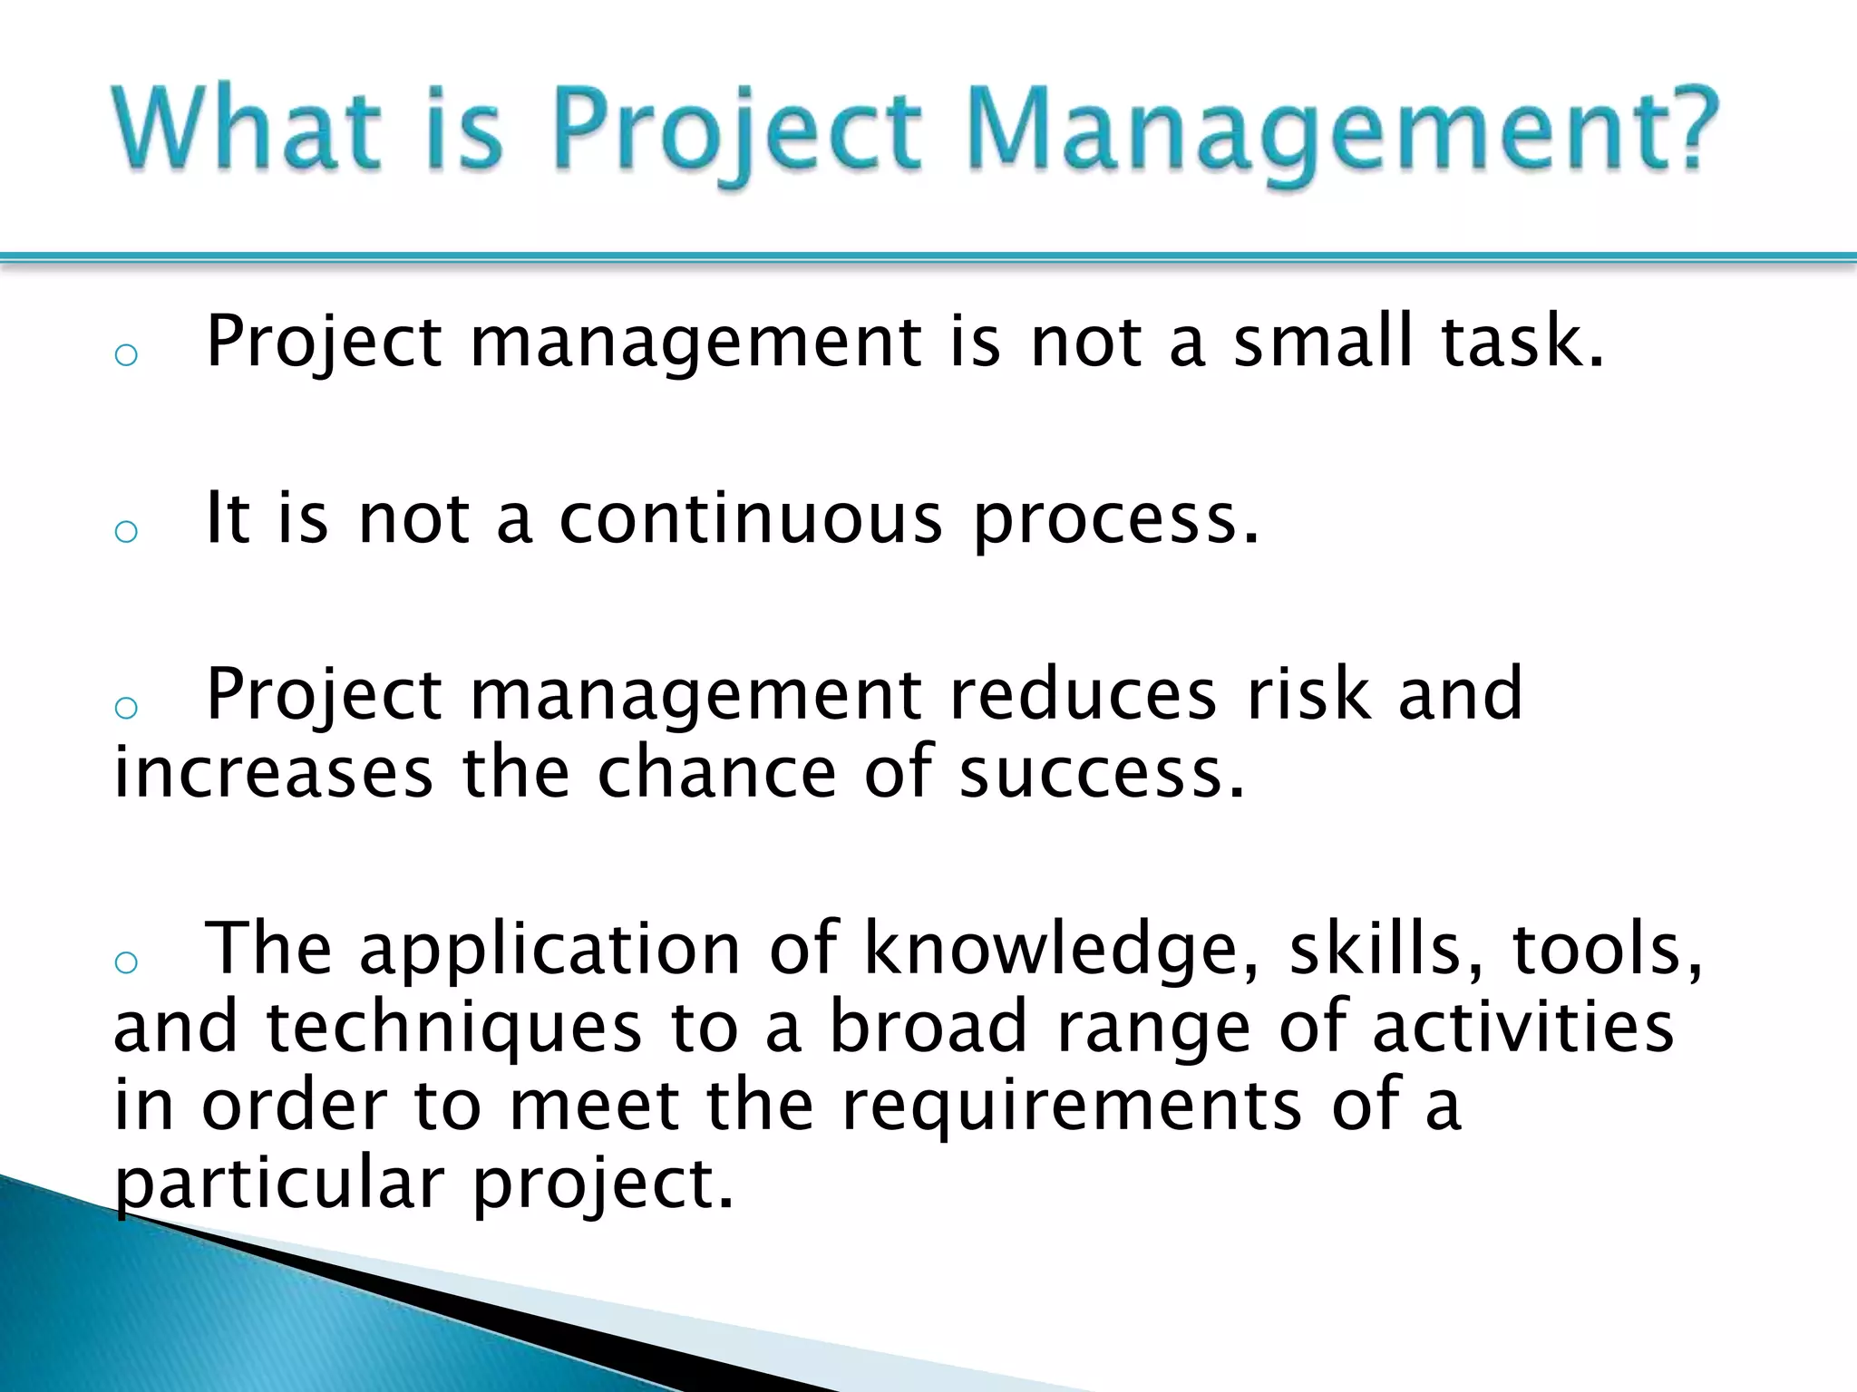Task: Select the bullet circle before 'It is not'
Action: tap(126, 530)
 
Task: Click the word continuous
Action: tap(751, 518)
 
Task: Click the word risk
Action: tap(1308, 695)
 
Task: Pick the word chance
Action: tap(716, 772)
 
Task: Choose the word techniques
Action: tap(453, 1029)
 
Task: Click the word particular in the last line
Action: tap(279, 1185)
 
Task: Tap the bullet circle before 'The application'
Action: tap(126, 962)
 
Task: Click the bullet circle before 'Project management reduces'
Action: tap(126, 707)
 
